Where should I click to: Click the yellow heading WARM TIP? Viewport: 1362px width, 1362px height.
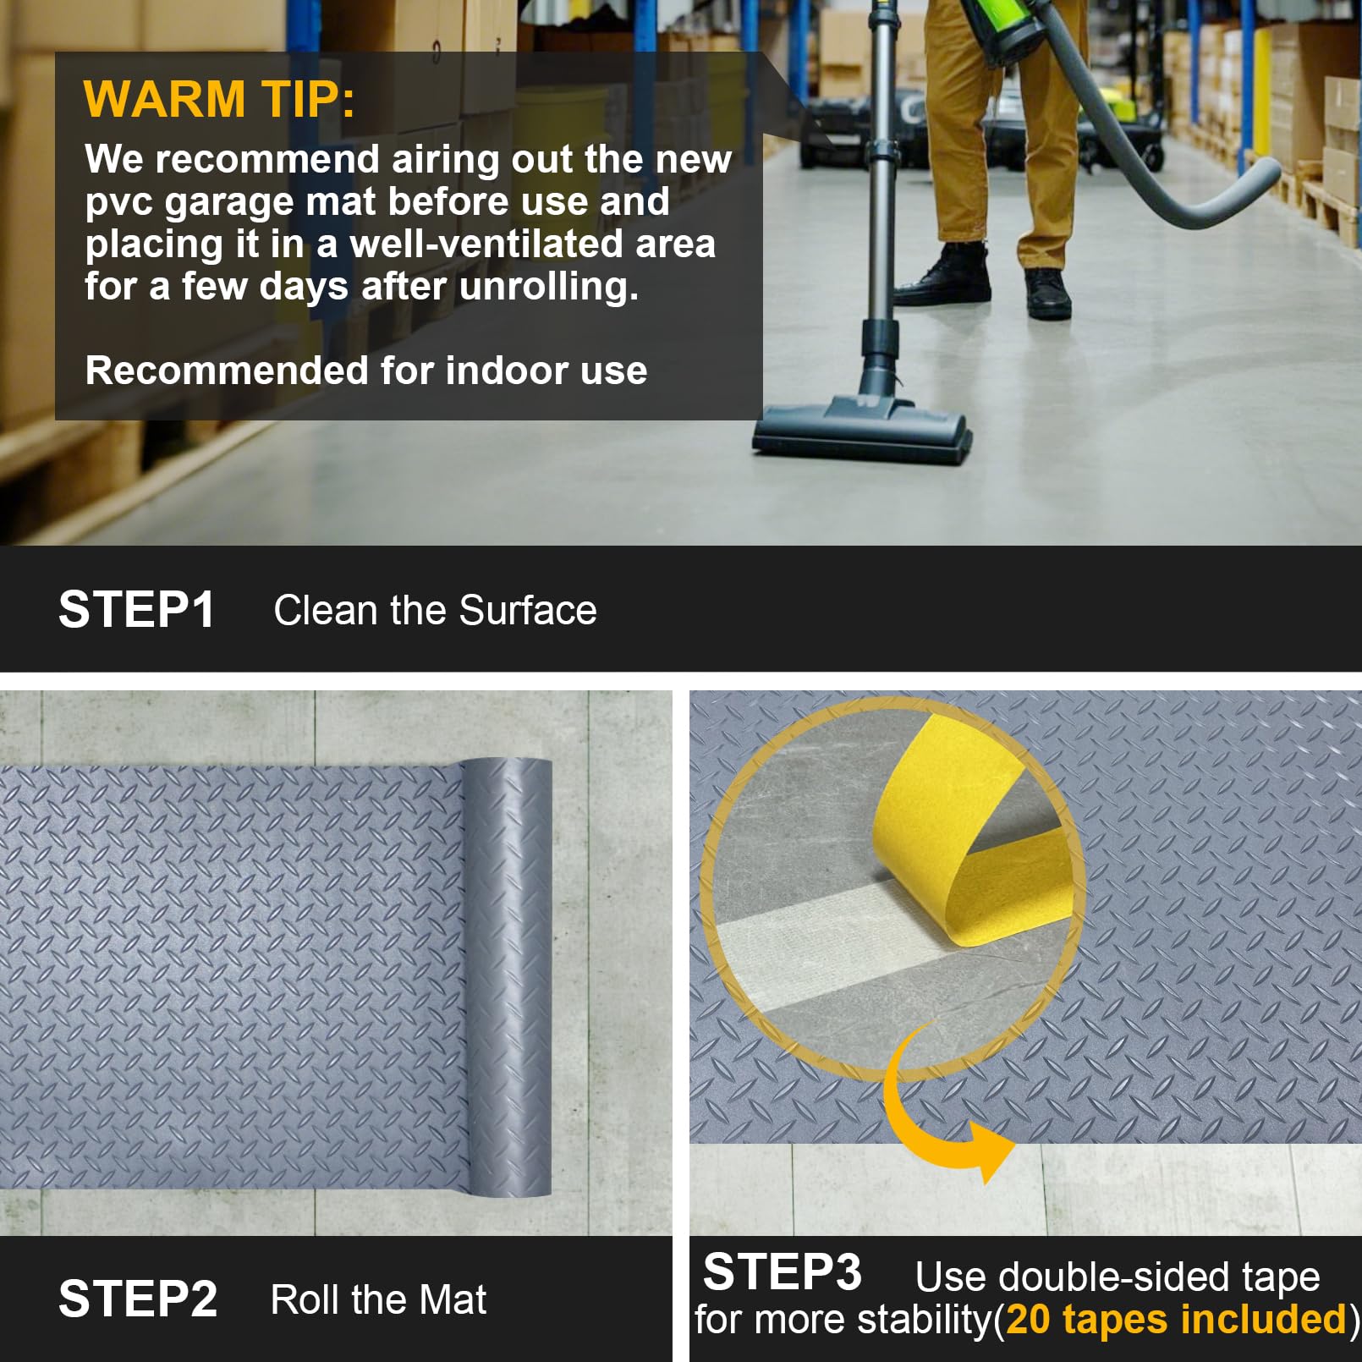[219, 99]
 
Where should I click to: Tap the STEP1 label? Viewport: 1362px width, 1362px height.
[137, 609]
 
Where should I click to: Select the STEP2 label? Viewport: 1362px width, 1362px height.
[138, 1299]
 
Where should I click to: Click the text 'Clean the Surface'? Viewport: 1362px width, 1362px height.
[435, 610]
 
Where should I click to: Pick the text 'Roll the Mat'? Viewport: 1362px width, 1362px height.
[378, 1299]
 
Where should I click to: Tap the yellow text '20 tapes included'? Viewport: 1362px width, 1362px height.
[1176, 1319]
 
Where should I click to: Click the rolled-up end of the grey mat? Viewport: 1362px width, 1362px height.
[505, 977]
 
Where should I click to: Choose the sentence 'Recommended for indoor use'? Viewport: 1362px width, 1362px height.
[366, 371]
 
